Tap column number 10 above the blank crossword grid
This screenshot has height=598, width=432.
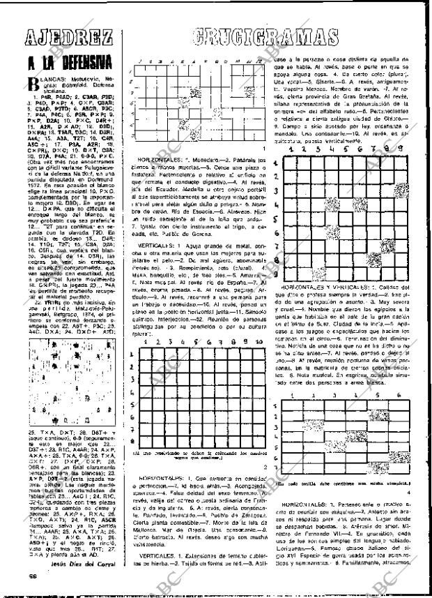pyautogui.click(x=259, y=343)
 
